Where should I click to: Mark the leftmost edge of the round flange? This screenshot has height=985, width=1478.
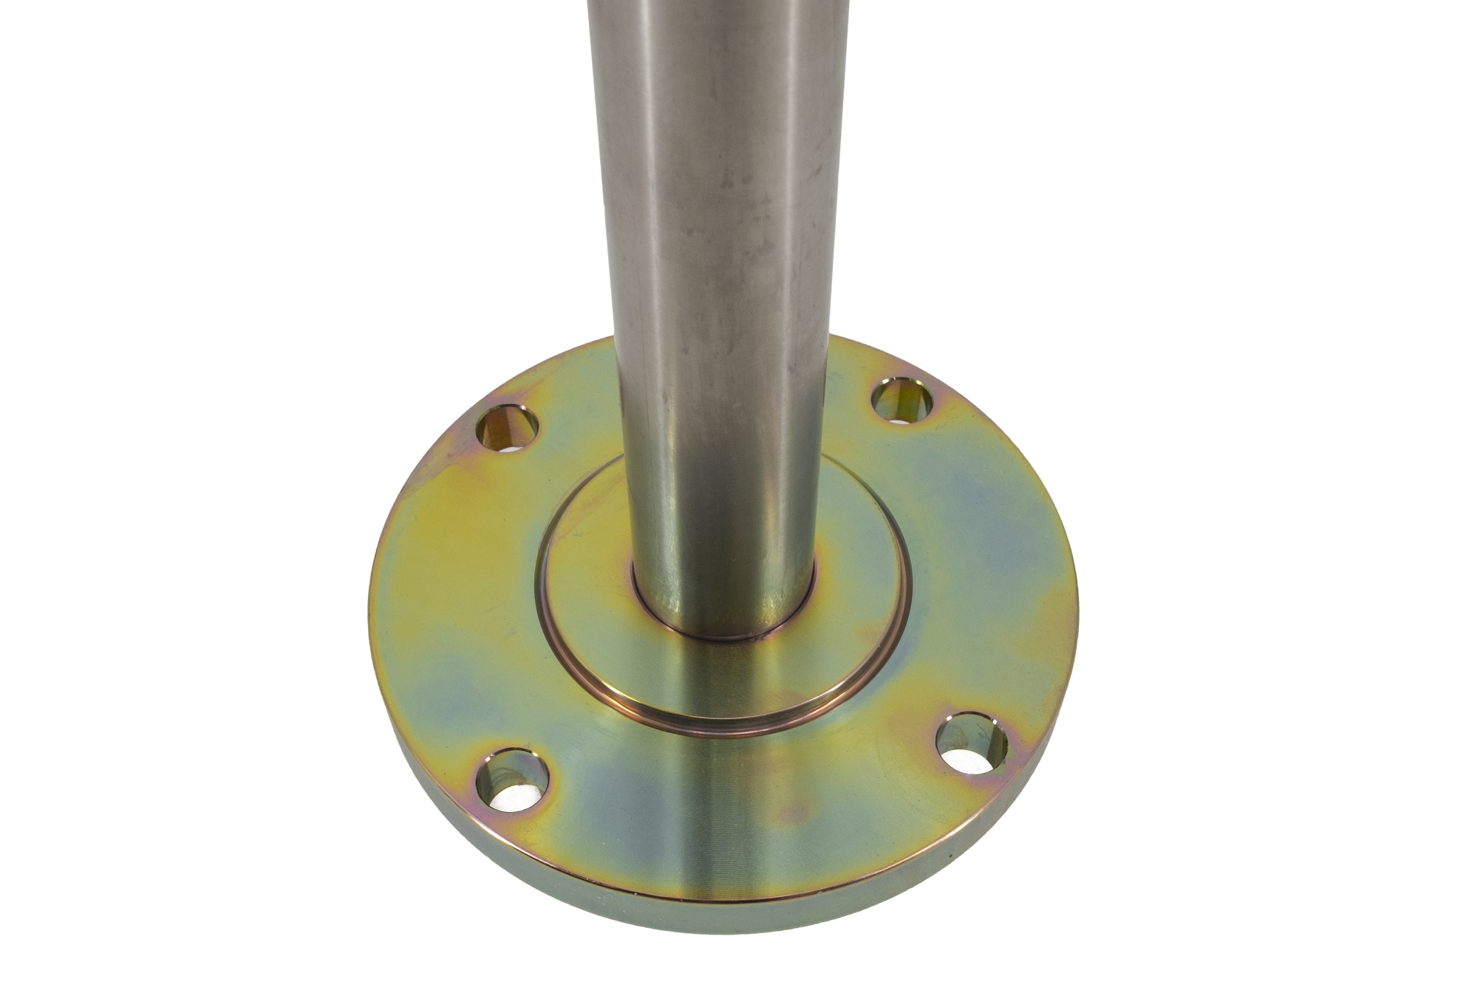[371, 613]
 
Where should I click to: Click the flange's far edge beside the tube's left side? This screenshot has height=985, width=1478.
[591, 347]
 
